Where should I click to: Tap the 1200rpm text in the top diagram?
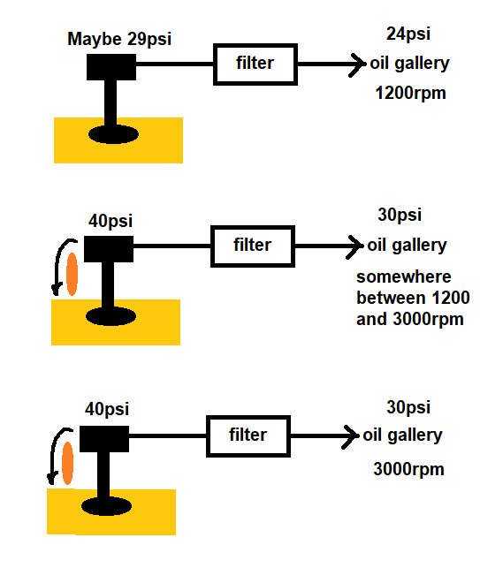click(x=408, y=92)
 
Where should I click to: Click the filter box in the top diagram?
click(x=256, y=64)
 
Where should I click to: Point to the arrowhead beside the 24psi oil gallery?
click(x=358, y=64)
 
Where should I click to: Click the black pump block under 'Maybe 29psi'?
click(x=111, y=66)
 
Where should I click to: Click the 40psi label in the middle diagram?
click(x=110, y=221)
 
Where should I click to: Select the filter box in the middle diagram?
click(x=252, y=245)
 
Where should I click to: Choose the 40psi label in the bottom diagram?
click(x=107, y=409)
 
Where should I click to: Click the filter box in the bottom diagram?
click(x=248, y=435)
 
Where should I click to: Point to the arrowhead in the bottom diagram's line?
click(x=354, y=435)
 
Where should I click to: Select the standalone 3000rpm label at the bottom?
click(x=408, y=469)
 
